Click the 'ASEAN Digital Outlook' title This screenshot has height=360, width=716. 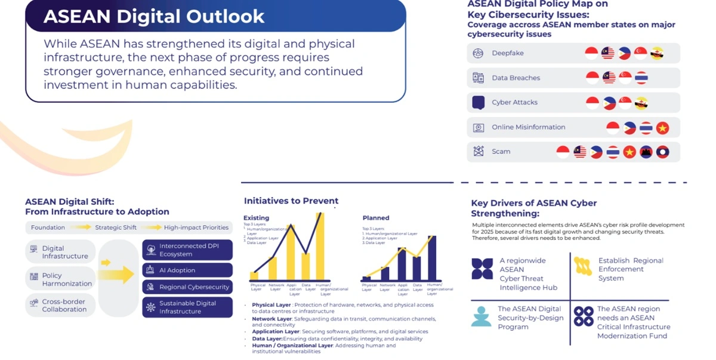pyautogui.click(x=154, y=16)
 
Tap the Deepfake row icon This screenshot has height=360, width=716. pyautogui.click(x=478, y=53)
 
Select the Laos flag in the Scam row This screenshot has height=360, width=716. pyautogui.click(x=662, y=152)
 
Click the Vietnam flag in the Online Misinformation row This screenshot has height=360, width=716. pyautogui.click(x=662, y=128)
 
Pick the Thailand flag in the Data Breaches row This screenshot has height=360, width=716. pyautogui.click(x=641, y=78)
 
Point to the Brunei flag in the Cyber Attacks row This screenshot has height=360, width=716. pyautogui.click(x=641, y=103)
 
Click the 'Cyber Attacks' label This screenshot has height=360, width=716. pyautogui.click(x=514, y=103)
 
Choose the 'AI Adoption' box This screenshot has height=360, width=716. pyautogui.click(x=187, y=270)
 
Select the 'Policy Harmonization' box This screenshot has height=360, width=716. pyautogui.click(x=60, y=279)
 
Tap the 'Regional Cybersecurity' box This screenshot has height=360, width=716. pyautogui.click(x=187, y=287)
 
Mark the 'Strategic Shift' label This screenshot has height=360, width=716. pyautogui.click(x=116, y=227)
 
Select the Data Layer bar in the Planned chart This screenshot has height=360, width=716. pyautogui.click(x=417, y=269)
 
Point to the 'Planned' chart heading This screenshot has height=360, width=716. pyautogui.click(x=376, y=218)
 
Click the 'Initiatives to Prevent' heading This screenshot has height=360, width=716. pyautogui.click(x=291, y=201)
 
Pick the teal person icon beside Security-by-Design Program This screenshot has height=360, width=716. pyautogui.click(x=481, y=317)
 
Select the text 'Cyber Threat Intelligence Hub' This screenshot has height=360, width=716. pyautogui.click(x=528, y=283)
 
